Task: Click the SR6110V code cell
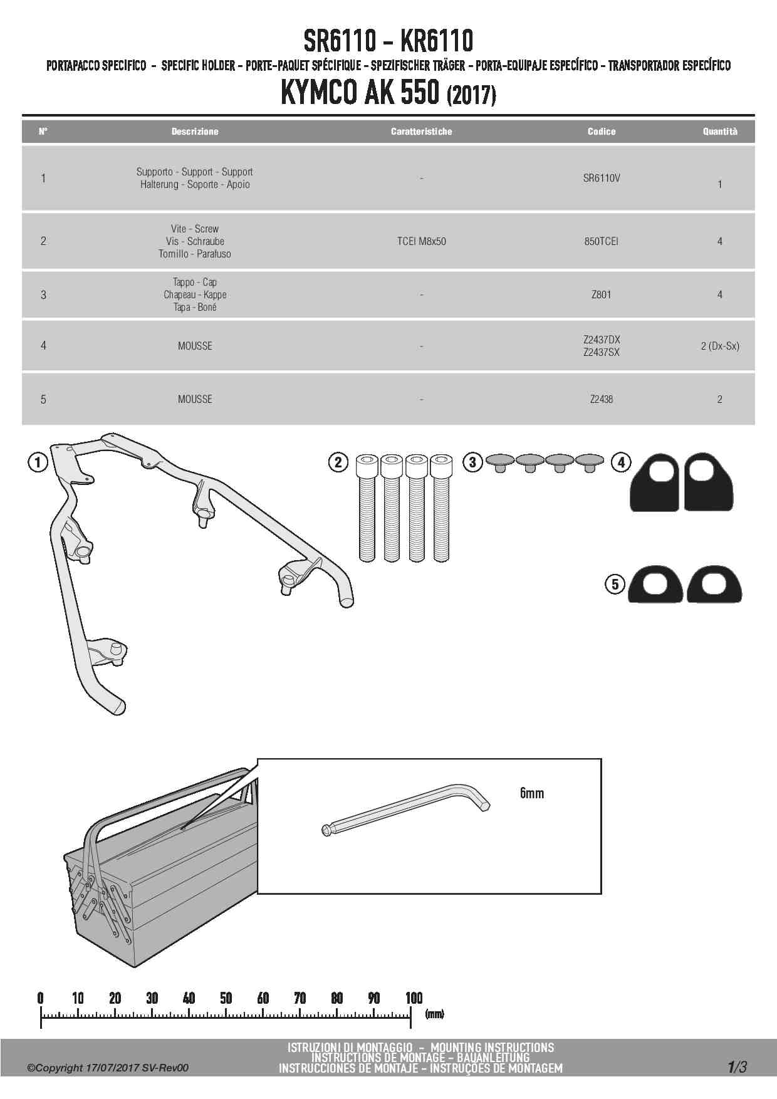point(601,178)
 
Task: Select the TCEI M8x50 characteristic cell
point(421,241)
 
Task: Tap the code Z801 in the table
point(601,294)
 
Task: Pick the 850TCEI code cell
point(601,241)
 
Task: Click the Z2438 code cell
point(601,399)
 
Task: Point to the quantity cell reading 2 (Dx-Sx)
point(719,346)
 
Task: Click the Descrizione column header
point(195,132)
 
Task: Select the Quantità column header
point(719,132)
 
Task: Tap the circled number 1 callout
point(38,463)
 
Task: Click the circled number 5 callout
point(615,585)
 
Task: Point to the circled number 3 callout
point(472,463)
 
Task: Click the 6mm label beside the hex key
point(531,793)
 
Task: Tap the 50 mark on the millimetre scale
point(226,998)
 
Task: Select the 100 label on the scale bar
point(414,998)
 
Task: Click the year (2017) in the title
point(471,96)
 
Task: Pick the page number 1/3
point(737,1067)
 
